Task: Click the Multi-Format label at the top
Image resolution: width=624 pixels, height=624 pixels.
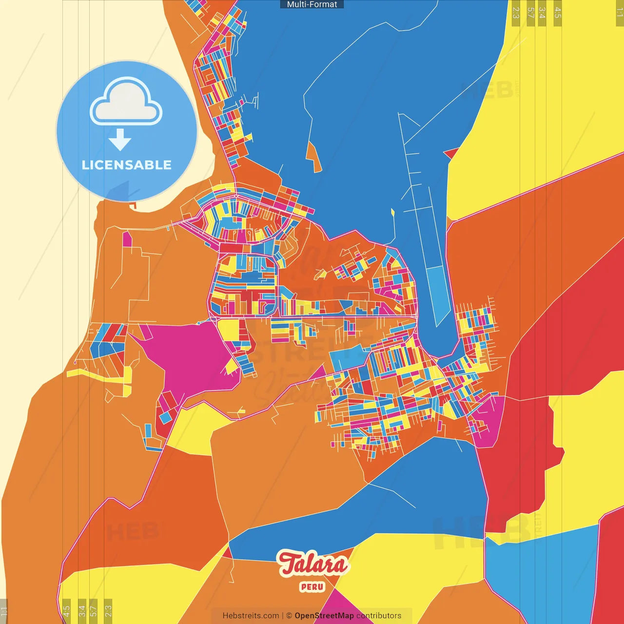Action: coord(312,4)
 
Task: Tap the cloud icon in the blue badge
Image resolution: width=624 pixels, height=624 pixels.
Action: coord(126,103)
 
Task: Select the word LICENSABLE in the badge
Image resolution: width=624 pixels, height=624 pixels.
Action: coord(127,165)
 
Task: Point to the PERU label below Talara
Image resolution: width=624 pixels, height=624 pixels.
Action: coord(312,586)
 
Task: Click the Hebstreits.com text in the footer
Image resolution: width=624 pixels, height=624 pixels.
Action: coord(251,616)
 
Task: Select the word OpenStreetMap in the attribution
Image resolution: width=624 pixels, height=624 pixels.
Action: coord(324,616)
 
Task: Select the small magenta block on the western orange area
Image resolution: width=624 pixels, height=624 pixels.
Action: coord(127,239)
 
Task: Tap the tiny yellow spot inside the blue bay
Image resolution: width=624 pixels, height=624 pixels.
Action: coord(392,212)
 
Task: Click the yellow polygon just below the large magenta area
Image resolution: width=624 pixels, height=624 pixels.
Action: coord(195,429)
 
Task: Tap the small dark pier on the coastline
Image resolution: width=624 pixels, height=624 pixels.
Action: coord(133,206)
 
